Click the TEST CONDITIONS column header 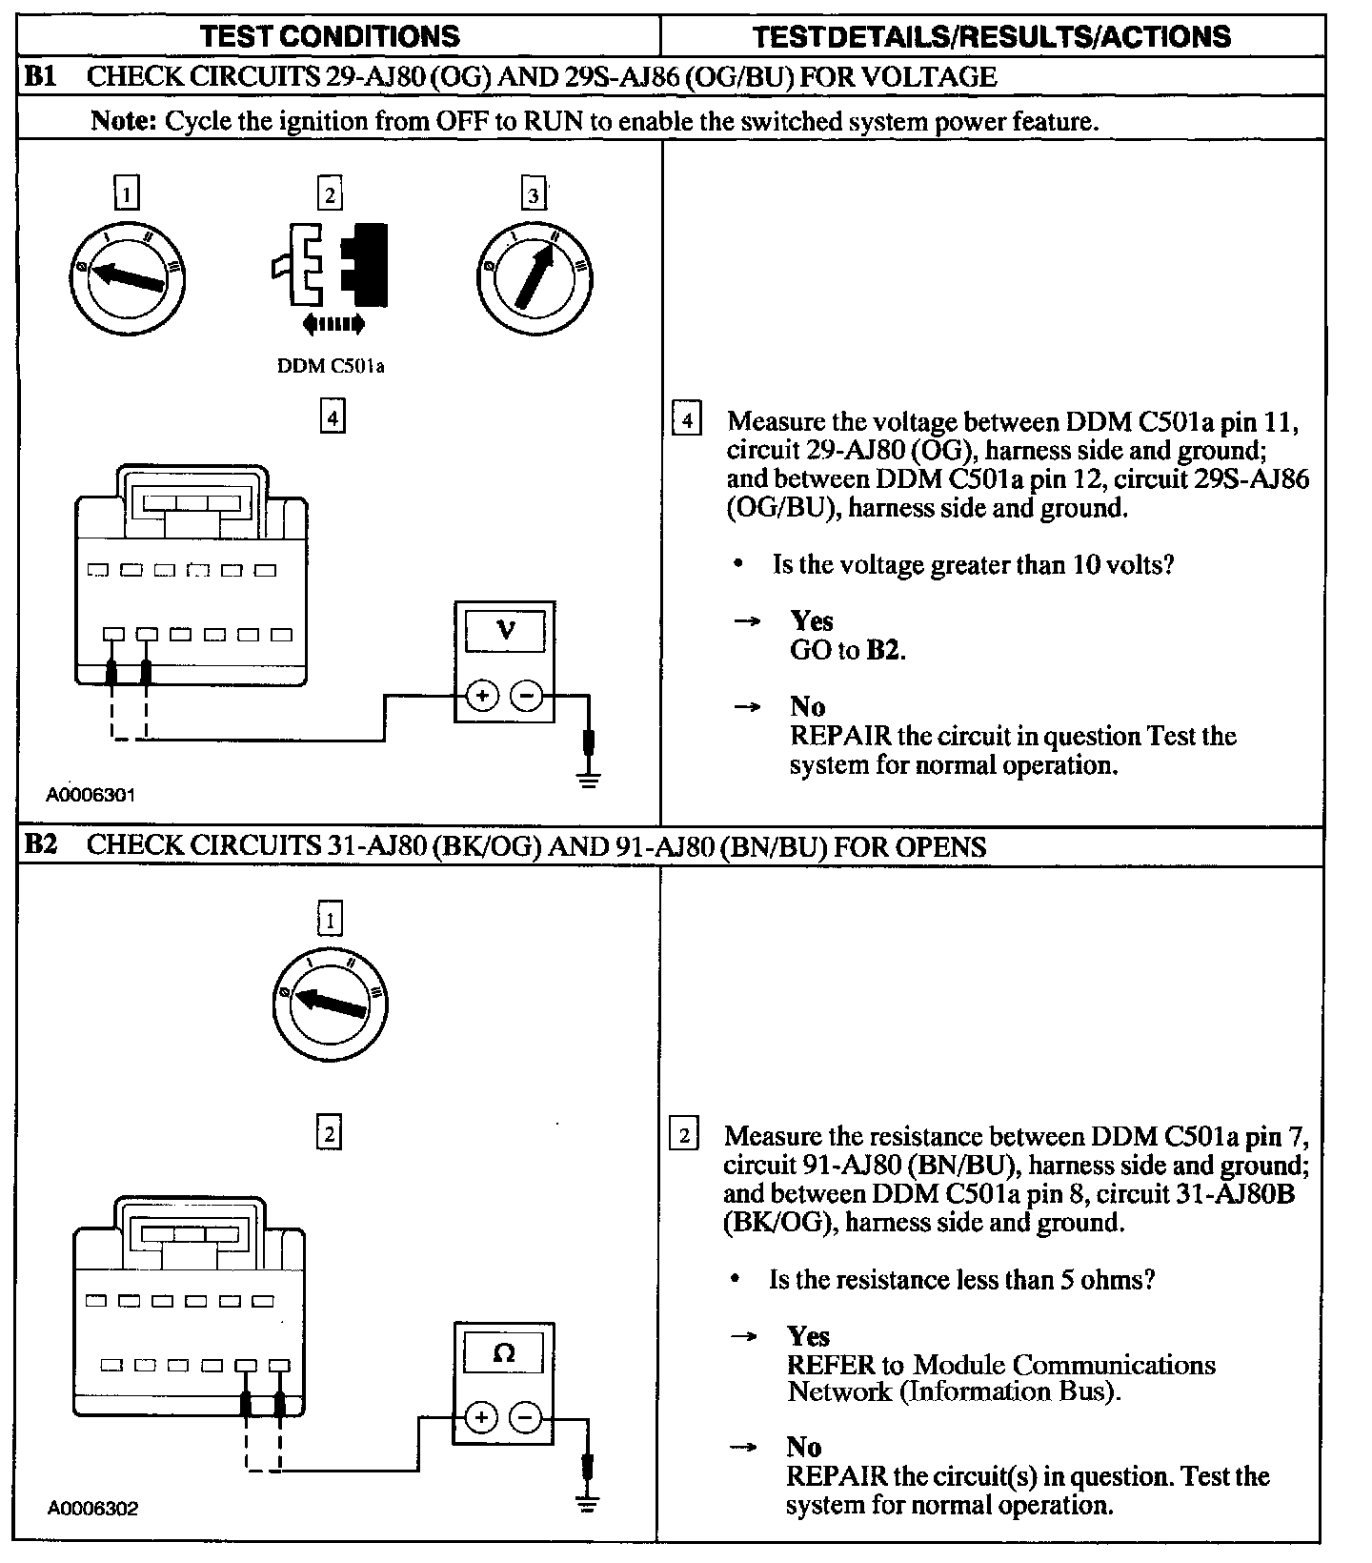pyautogui.click(x=330, y=36)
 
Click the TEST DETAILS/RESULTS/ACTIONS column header pyautogui.click(x=991, y=36)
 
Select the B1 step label pyautogui.click(x=40, y=77)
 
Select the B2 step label pyautogui.click(x=40, y=846)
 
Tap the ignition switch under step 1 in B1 pyautogui.click(x=127, y=276)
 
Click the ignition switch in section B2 pyautogui.click(x=331, y=1003)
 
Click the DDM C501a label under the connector pyautogui.click(x=331, y=366)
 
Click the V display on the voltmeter pyautogui.click(x=506, y=630)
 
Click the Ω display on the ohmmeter pyautogui.click(x=504, y=1352)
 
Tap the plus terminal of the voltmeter pyautogui.click(x=483, y=697)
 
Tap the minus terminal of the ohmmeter pyautogui.click(x=525, y=1418)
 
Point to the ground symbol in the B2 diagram pyautogui.click(x=588, y=1504)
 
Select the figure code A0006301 pyautogui.click(x=91, y=794)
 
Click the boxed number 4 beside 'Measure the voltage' pyautogui.click(x=687, y=420)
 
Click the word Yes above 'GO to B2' pyautogui.click(x=812, y=621)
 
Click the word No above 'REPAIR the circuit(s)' pyautogui.click(x=804, y=1448)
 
